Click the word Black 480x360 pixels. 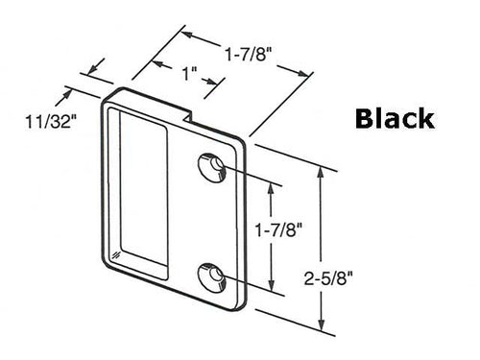pos(395,118)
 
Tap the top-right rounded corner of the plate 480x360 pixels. pos(246,144)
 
